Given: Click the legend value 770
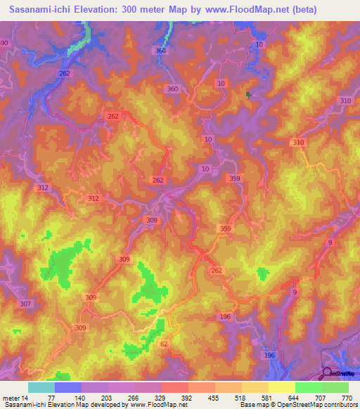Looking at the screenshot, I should pyautogui.click(x=346, y=398).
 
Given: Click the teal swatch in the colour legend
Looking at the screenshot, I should pyautogui.click(x=41, y=387).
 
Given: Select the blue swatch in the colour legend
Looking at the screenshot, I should pyautogui.click(x=67, y=387).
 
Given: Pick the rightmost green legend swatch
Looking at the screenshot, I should pyautogui.click(x=335, y=387).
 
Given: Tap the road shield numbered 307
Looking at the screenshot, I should pyautogui.click(x=26, y=304).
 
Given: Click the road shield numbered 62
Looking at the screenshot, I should pyautogui.click(x=164, y=344).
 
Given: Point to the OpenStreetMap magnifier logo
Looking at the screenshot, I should pyautogui.click(x=328, y=373).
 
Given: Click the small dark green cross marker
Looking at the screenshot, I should pyautogui.click(x=248, y=94).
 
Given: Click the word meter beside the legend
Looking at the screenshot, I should pyautogui.click(x=11, y=398).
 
